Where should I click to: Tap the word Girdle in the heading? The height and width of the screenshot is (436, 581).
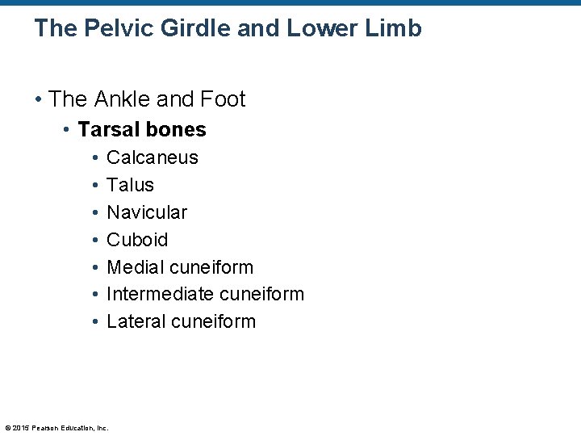(192, 29)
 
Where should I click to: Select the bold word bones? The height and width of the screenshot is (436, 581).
(178, 129)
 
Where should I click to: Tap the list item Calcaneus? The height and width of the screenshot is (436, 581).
(153, 157)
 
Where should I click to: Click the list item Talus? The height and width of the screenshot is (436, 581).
(130, 185)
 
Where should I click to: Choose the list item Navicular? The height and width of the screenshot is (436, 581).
(147, 212)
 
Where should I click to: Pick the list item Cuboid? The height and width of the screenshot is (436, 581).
(137, 240)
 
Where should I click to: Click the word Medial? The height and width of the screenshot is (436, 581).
(133, 267)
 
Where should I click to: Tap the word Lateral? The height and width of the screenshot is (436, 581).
(135, 321)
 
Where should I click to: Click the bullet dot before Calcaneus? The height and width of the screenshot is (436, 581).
(95, 157)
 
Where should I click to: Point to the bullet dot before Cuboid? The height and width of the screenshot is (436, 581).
(95, 240)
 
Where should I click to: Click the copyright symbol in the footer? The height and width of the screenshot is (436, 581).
(7, 427)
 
